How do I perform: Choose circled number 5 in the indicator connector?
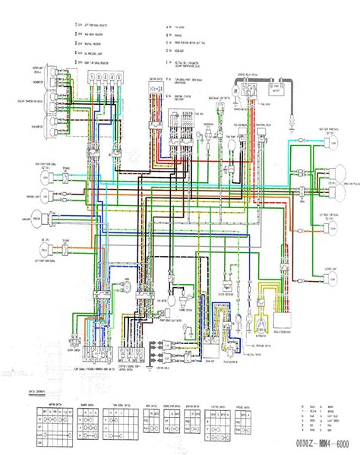[119, 78]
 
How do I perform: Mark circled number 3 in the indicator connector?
[106, 78]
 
